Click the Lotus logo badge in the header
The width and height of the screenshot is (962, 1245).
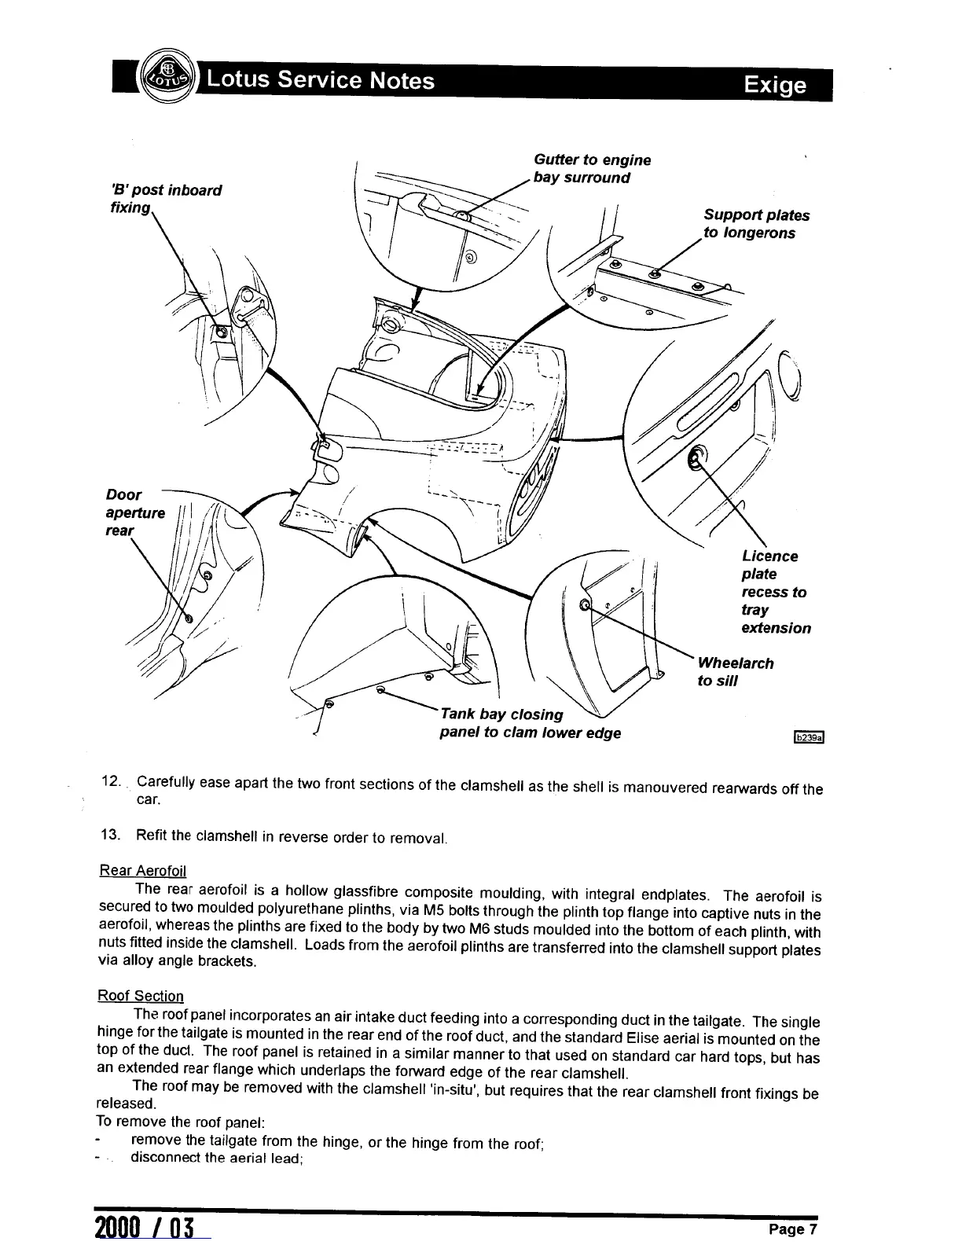click(164, 80)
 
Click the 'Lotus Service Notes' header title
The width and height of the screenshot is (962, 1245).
click(318, 80)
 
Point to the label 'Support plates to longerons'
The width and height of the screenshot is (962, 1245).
click(755, 224)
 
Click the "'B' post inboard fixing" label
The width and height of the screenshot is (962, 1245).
click(165, 198)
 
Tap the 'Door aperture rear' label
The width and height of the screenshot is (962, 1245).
click(134, 512)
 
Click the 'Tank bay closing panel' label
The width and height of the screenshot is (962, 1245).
click(530, 723)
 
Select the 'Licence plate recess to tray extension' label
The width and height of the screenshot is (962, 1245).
click(775, 592)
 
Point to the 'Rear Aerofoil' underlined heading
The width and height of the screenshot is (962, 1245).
click(141, 870)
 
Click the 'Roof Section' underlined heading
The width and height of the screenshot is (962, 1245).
click(140, 996)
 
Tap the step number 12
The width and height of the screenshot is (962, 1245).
click(110, 783)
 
